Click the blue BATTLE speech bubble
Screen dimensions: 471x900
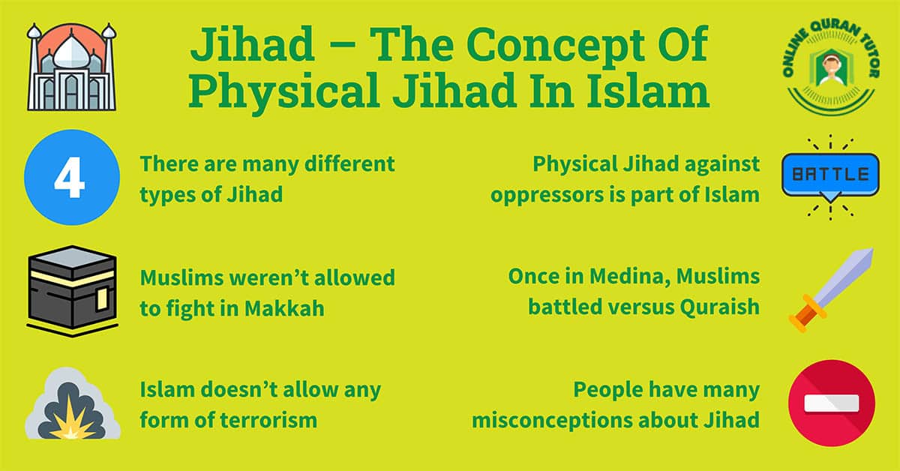830,175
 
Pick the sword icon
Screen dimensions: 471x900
831,289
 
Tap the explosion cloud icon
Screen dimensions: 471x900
72,406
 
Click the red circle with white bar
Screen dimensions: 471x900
832,403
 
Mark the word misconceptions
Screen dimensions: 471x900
558,420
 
